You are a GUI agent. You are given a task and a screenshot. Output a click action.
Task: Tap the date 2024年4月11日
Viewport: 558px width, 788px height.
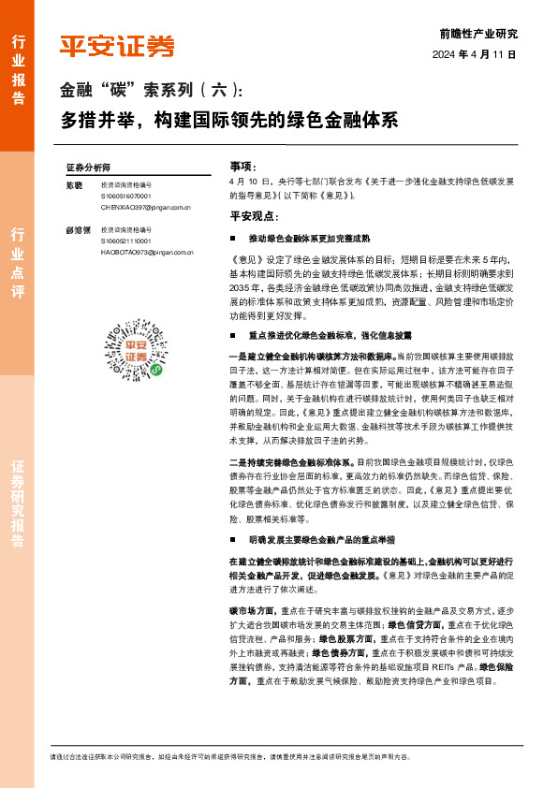475,54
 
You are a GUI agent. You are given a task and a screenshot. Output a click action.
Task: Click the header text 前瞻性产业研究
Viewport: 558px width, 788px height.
477,34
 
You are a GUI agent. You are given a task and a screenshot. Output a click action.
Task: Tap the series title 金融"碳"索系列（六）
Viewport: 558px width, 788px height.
151,91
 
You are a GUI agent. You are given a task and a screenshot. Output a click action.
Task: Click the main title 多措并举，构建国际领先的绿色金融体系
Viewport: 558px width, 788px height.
230,121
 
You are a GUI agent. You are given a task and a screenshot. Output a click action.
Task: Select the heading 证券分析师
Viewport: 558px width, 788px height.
88,166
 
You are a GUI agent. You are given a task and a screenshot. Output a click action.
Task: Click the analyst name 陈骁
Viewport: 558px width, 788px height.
75,185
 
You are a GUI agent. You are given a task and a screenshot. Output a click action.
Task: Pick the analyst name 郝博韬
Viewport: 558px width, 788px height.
77,229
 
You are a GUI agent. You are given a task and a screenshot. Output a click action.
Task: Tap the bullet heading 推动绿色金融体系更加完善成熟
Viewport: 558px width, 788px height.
307,239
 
